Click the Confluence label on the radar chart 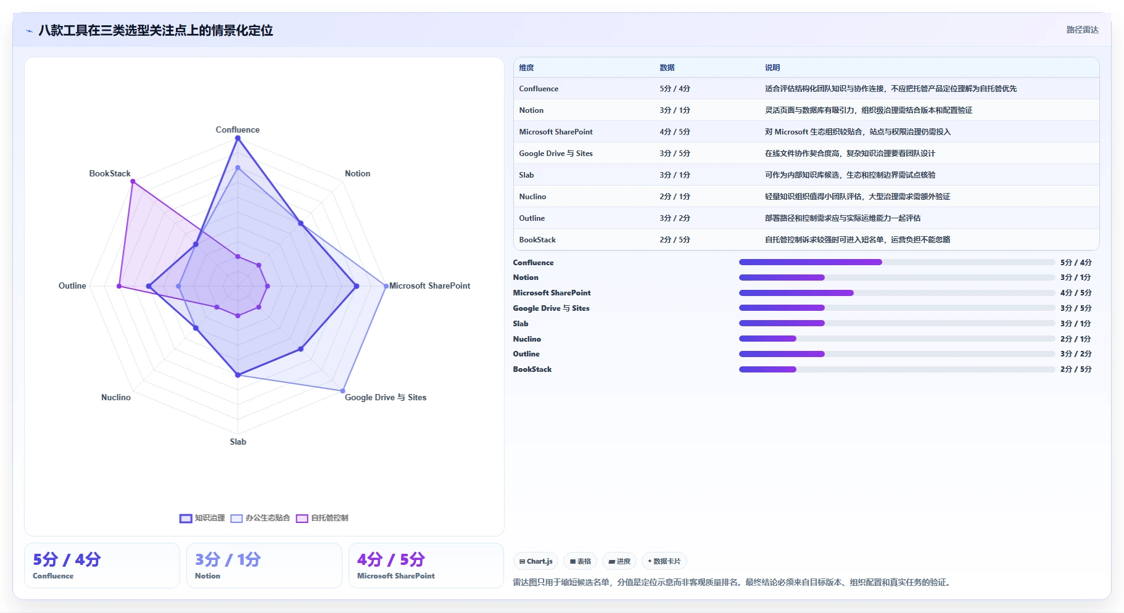(x=238, y=130)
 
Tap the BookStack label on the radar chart (x=110, y=173)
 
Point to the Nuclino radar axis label (x=116, y=397)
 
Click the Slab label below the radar (x=238, y=442)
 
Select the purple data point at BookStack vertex (x=132, y=181)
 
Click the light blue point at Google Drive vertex (x=343, y=390)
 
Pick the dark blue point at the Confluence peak (x=238, y=138)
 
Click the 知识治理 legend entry (x=202, y=518)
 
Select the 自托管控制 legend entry (x=322, y=518)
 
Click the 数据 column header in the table (x=667, y=68)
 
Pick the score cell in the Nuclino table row (x=675, y=197)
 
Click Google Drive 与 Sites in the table (x=556, y=154)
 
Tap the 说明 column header (x=772, y=68)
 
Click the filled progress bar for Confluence (x=811, y=262)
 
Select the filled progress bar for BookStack (x=767, y=369)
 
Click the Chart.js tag (x=536, y=561)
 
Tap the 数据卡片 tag (x=664, y=561)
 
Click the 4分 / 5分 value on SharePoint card (x=391, y=559)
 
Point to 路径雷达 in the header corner (x=1083, y=30)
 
